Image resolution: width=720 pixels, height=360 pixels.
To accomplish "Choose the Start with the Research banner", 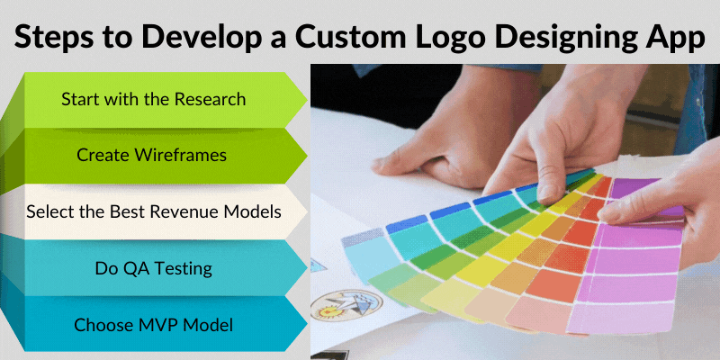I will [x=153, y=99].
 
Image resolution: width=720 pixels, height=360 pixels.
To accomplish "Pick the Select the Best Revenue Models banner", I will [x=153, y=212].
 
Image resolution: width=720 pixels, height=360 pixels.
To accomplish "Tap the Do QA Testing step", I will [x=153, y=267].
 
